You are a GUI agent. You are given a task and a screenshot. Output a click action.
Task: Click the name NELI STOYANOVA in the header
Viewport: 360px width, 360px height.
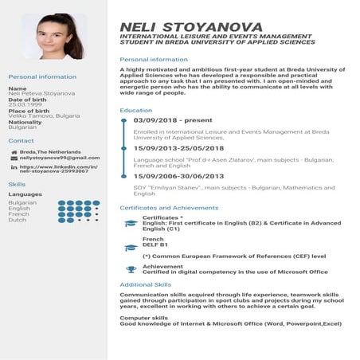[190, 26]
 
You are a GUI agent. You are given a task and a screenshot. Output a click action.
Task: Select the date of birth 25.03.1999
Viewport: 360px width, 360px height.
[25, 104]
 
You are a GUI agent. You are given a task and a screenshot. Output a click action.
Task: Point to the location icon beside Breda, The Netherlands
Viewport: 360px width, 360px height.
[13, 151]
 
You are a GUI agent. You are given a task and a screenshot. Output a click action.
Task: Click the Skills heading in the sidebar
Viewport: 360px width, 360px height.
[17, 184]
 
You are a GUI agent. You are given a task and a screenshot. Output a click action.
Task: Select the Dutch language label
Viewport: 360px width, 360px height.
[18, 220]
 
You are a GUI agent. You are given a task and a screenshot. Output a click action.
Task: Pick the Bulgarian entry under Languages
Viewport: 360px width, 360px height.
[22, 202]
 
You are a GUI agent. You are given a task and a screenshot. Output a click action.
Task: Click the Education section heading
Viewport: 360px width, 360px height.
[135, 110]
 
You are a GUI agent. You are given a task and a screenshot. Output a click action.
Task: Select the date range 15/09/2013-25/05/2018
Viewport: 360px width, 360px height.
[179, 148]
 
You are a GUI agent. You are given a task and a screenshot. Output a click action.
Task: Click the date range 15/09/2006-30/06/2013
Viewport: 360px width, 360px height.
[179, 176]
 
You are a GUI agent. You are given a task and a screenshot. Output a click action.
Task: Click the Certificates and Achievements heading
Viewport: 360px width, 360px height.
[168, 207]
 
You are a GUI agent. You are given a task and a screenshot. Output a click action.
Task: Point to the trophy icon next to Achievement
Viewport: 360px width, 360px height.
[131, 269]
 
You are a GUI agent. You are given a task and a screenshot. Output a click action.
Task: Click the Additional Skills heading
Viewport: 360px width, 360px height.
[145, 284]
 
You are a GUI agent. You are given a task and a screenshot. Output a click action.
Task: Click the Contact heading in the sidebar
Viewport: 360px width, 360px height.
[21, 140]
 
